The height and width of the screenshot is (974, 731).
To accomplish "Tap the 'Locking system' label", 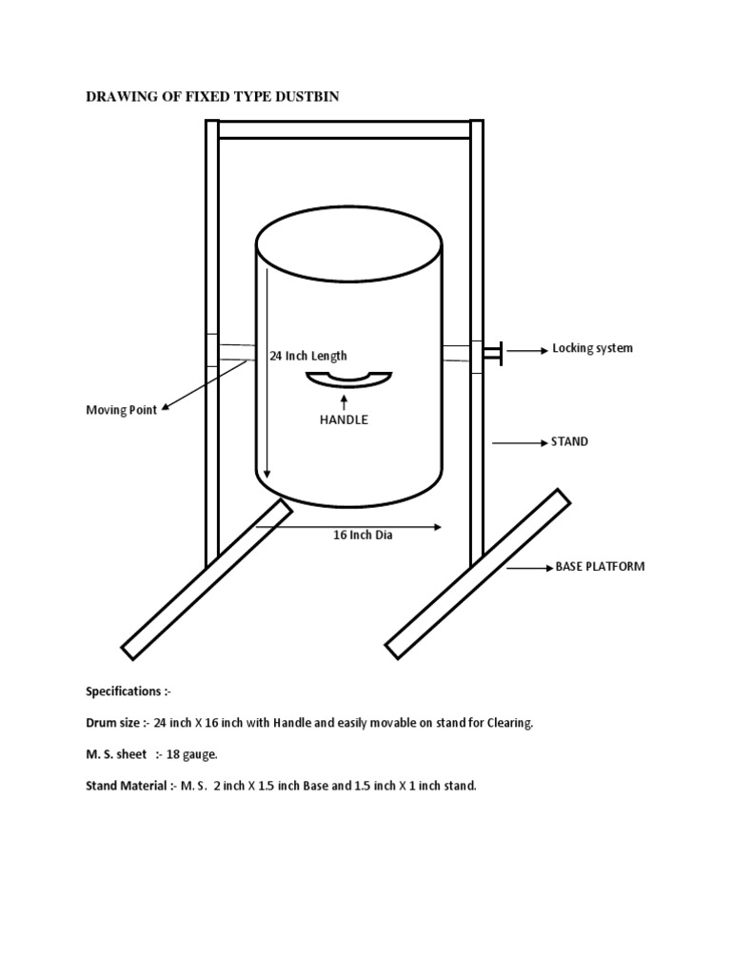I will [x=592, y=349].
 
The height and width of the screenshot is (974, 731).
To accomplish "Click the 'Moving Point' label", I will [x=121, y=410].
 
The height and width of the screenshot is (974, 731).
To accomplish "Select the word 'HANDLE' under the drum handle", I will [x=343, y=419].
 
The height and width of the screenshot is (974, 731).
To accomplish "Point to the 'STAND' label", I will [x=569, y=442].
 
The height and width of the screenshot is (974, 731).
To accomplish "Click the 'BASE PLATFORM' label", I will [x=600, y=567].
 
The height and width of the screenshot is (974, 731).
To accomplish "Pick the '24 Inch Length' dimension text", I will [x=308, y=357].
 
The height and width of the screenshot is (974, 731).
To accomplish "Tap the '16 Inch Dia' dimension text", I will [x=363, y=536].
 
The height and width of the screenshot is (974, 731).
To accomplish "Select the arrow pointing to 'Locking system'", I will [x=524, y=351].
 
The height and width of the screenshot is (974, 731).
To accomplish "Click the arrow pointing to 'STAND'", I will [x=518, y=443].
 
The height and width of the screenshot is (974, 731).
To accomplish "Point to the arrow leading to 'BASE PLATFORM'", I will [x=529, y=568].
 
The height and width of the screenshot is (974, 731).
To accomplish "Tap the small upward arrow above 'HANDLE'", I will [x=343, y=402].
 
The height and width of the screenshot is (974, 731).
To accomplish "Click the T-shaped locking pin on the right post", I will [x=492, y=353].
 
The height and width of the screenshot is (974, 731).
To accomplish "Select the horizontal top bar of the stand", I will [x=344, y=130].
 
